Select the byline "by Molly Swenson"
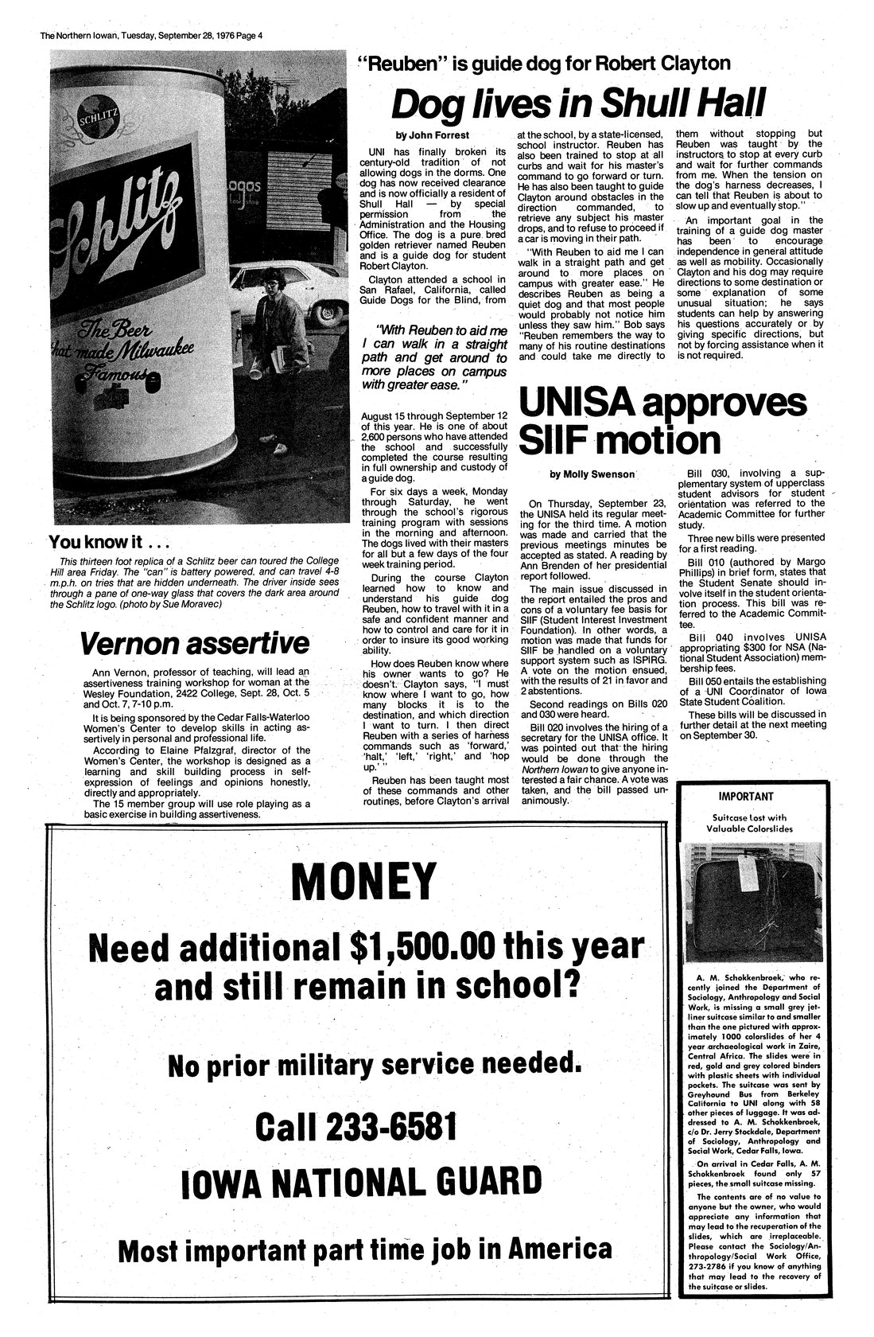[592, 474]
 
